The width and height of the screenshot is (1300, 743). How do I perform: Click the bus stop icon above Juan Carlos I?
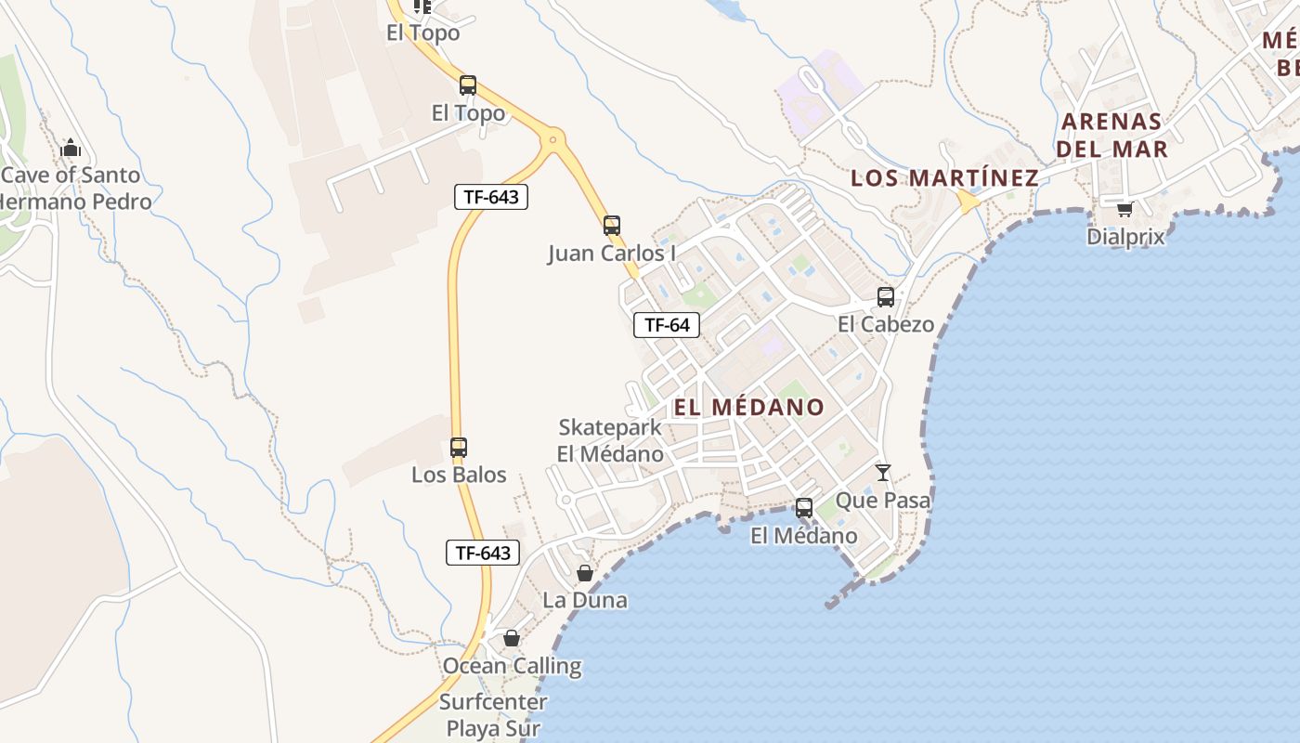pyautogui.click(x=611, y=225)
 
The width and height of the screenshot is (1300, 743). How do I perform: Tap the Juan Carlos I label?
pyautogui.click(x=611, y=253)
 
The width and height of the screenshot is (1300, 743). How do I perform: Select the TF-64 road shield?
pyautogui.click(x=667, y=325)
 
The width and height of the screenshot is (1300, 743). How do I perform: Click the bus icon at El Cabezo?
pyautogui.click(x=886, y=297)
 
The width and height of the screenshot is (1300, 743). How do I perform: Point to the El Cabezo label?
pyautogui.click(x=886, y=324)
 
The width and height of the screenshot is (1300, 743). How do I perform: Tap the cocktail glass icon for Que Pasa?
pyautogui.click(x=883, y=473)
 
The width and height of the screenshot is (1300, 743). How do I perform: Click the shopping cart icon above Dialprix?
pyautogui.click(x=1124, y=209)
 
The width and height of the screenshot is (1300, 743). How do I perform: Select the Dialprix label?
pyautogui.click(x=1125, y=237)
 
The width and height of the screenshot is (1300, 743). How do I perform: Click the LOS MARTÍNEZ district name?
pyautogui.click(x=944, y=177)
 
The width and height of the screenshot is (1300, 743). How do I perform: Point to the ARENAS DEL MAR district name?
pyautogui.click(x=1111, y=135)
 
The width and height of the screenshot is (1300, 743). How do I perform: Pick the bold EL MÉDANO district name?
pyautogui.click(x=748, y=407)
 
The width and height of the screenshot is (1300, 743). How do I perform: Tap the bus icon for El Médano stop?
pyautogui.click(x=804, y=508)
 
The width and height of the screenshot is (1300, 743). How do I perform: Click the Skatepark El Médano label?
pyautogui.click(x=610, y=440)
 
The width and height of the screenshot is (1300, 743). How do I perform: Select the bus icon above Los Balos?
pyautogui.click(x=459, y=447)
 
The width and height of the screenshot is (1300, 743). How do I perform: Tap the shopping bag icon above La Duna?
pyautogui.click(x=585, y=573)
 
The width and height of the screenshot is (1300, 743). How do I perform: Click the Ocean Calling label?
pyautogui.click(x=512, y=666)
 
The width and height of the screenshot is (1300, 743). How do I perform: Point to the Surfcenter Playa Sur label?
pyautogui.click(x=489, y=715)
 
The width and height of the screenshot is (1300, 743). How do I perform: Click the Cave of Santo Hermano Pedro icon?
pyautogui.click(x=71, y=148)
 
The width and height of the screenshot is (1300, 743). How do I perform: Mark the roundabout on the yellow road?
pyautogui.click(x=554, y=140)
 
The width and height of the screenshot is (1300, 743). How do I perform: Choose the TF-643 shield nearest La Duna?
pyautogui.click(x=482, y=553)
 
